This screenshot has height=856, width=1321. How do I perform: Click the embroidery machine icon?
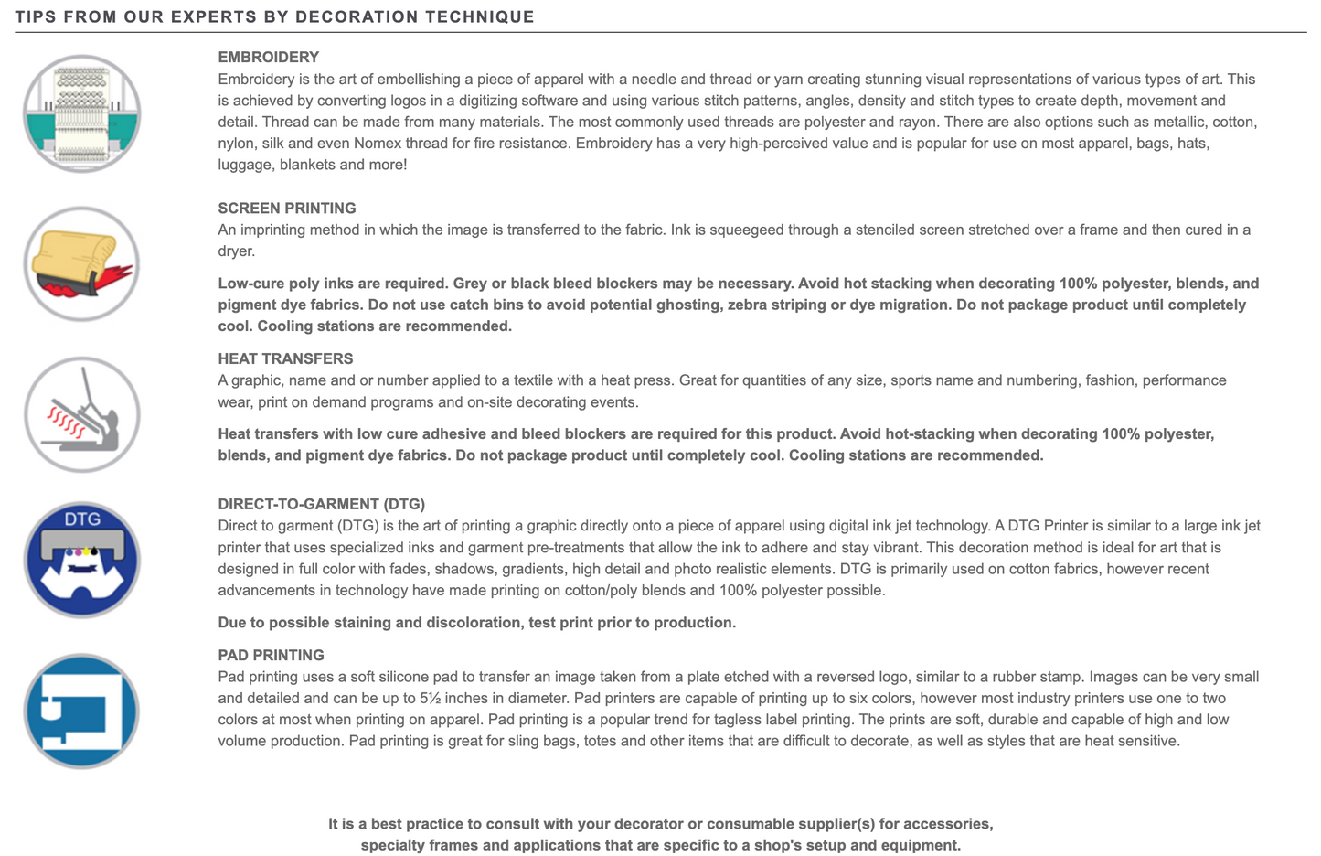pyautogui.click(x=82, y=113)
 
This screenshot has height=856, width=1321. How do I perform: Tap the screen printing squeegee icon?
pyautogui.click(x=82, y=264)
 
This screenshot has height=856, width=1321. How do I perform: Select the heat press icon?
pyautogui.click(x=82, y=414)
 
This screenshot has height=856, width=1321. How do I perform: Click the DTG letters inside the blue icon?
pyautogui.click(x=82, y=519)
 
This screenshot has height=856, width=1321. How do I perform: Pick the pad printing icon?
pyautogui.click(x=82, y=711)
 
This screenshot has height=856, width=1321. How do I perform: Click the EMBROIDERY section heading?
pyautogui.click(x=268, y=57)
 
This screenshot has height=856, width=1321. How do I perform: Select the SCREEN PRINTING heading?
pyautogui.click(x=287, y=208)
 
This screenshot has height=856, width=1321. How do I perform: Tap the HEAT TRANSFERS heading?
pyautogui.click(x=285, y=358)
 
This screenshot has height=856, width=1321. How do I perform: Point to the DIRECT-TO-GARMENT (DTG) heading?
pyautogui.click(x=321, y=504)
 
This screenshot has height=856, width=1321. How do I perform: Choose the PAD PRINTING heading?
pyautogui.click(x=271, y=655)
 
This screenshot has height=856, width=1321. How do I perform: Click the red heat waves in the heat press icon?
pyautogui.click(x=66, y=422)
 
